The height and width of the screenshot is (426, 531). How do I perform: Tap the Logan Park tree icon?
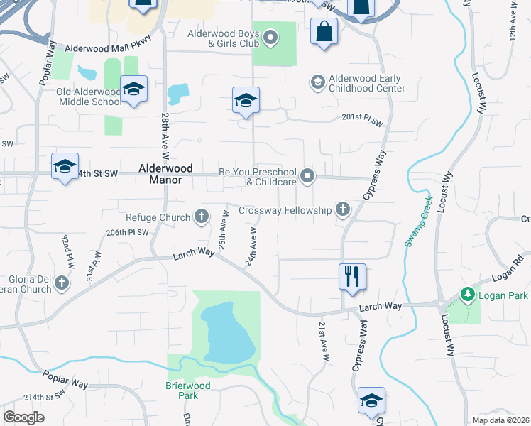[467, 293]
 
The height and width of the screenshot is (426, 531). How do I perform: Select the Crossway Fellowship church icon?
[343, 209]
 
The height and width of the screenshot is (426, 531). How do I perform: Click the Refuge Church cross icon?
[202, 217]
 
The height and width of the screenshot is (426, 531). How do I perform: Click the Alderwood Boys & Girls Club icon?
[270, 38]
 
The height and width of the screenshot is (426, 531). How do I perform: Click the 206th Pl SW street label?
[128, 232]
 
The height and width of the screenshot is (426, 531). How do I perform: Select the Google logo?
[24, 417]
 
